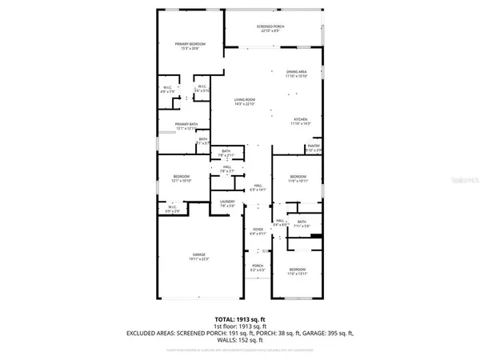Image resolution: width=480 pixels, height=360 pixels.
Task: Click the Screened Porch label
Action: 270,26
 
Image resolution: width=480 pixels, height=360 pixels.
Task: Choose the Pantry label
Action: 314,145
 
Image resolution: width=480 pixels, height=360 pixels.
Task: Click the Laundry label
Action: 228,201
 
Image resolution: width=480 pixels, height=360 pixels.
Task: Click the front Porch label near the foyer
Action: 258,266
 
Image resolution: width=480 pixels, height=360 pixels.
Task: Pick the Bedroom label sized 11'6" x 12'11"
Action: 297,270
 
